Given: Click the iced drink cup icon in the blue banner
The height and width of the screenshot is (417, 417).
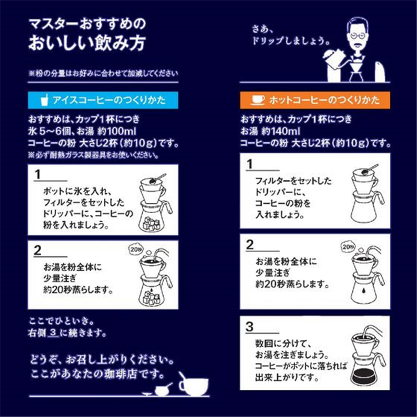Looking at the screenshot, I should [x=45, y=99].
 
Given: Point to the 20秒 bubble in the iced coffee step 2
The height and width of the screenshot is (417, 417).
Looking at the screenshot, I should [x=134, y=249].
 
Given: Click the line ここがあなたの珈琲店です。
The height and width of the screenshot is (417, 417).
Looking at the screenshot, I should [x=99, y=374].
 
